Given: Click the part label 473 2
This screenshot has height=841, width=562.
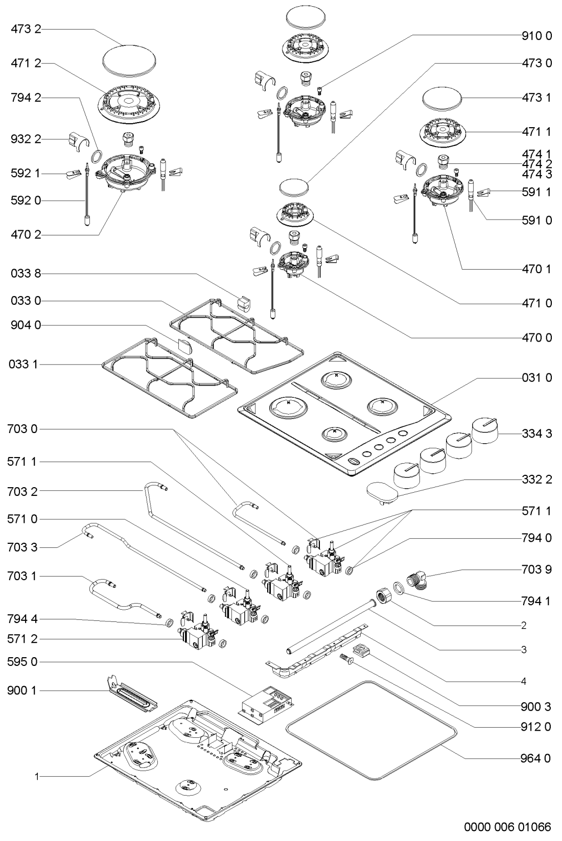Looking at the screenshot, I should click(x=26, y=30).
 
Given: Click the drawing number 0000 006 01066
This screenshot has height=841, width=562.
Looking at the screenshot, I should click(x=507, y=827).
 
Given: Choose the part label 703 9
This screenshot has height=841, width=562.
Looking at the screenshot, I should click(x=536, y=569).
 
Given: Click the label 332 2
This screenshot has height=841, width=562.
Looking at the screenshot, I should click(x=536, y=480).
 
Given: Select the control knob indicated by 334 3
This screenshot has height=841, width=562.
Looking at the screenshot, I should click(x=485, y=431).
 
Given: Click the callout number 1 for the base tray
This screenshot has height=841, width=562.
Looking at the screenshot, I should click(x=37, y=777).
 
